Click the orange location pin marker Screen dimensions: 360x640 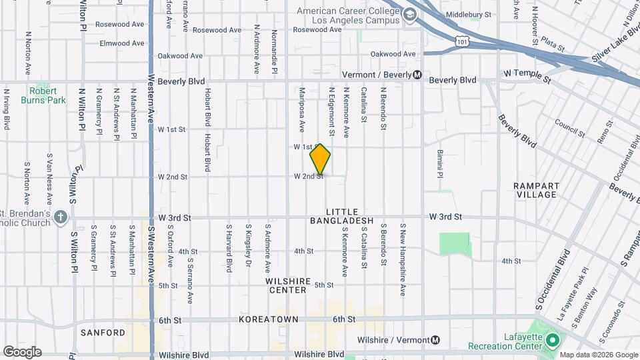320,159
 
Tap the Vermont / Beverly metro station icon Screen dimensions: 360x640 417,75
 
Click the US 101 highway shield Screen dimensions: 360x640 463,42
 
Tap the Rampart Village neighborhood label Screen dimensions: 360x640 536,190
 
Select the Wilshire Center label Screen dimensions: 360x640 295,285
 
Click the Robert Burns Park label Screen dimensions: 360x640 47,95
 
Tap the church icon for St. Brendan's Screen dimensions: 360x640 61,217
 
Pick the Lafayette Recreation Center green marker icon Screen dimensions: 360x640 551,341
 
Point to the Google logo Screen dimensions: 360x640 22,351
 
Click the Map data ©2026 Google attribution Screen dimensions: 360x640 599,355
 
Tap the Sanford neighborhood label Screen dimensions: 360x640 103,333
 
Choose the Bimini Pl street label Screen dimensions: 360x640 440,163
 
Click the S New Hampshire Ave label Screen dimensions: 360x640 403,260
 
